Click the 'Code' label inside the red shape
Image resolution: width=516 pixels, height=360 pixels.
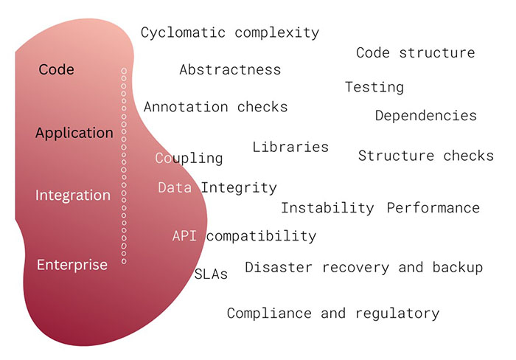pyautogui.click(x=56, y=69)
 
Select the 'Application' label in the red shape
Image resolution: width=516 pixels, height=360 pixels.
pyautogui.click(x=74, y=133)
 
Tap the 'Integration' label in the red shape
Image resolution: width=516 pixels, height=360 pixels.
pyautogui.click(x=73, y=195)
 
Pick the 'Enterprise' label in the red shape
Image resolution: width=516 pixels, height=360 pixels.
pyautogui.click(x=72, y=265)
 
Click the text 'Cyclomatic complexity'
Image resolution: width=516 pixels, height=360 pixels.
pyautogui.click(x=230, y=33)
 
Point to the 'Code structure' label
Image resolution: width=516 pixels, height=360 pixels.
pyautogui.click(x=416, y=52)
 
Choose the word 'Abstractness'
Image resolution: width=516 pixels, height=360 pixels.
pyautogui.click(x=230, y=70)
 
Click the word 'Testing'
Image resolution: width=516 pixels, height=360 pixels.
pyautogui.click(x=374, y=88)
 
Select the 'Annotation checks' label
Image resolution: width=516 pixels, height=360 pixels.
pyautogui.click(x=215, y=107)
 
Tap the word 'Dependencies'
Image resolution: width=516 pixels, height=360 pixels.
pyautogui.click(x=426, y=116)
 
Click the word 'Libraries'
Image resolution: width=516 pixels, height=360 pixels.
pyautogui.click(x=290, y=147)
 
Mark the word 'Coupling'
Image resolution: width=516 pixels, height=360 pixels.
pyautogui.click(x=189, y=159)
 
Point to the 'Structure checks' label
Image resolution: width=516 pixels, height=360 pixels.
pyautogui.click(x=426, y=156)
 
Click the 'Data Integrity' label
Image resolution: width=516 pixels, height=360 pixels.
pyautogui.click(x=217, y=188)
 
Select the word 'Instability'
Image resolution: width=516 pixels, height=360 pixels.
pyautogui.click(x=327, y=208)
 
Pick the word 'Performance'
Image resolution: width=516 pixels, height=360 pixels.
pyautogui.click(x=433, y=208)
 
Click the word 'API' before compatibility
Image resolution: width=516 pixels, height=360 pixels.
pyautogui.click(x=184, y=236)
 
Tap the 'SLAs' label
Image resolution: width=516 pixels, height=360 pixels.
pyautogui.click(x=211, y=274)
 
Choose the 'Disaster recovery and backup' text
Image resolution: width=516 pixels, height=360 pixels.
pyautogui.click(x=364, y=268)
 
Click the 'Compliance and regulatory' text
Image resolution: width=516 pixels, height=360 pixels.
pyautogui.click(x=333, y=314)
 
